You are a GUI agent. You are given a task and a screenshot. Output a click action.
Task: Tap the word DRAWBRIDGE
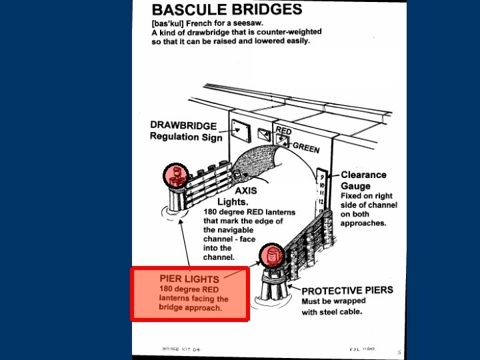coord(183,125)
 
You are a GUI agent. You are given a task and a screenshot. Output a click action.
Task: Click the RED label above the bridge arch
coord(283,131)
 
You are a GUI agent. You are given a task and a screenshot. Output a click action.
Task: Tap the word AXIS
coord(246,189)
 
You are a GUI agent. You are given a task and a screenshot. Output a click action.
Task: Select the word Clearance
coord(363,175)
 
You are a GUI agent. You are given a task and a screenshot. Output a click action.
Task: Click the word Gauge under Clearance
coord(355,186)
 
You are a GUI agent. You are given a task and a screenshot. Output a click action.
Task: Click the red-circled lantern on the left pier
coord(177,175)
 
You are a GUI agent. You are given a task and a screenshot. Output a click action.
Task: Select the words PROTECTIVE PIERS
coord(347,291)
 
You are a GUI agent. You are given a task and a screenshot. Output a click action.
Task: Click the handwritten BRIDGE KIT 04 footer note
coord(181,349)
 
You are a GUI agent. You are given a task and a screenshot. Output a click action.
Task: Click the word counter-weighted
coord(290,31)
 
